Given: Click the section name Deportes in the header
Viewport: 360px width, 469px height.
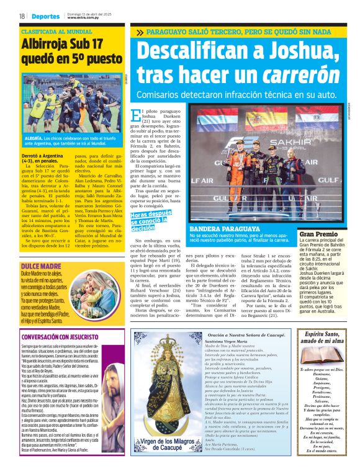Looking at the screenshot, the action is pos(47,16).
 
